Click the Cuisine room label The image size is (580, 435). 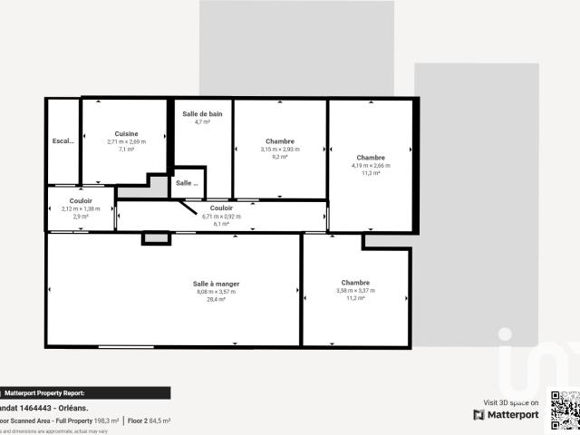coord(126,134)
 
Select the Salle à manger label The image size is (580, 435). coord(216,284)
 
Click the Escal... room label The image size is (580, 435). coord(63,141)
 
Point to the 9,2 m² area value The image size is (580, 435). coord(279,157)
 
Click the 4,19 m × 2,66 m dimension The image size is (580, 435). coord(371,166)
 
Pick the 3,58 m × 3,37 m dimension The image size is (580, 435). coord(355,290)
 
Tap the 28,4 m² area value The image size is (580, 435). coord(216,298)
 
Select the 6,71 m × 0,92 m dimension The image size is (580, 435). coord(221,216)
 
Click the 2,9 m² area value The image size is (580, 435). coord(81,217)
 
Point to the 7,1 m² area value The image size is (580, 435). coord(126,149)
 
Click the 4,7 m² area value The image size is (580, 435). coord(202,121)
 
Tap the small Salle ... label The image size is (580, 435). coord(187,183)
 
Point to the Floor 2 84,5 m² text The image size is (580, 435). coord(150,420)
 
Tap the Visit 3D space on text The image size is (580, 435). coord(511,402)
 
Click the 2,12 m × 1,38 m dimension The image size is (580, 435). coord(81,208)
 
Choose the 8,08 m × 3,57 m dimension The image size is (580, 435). coord(216,291)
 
